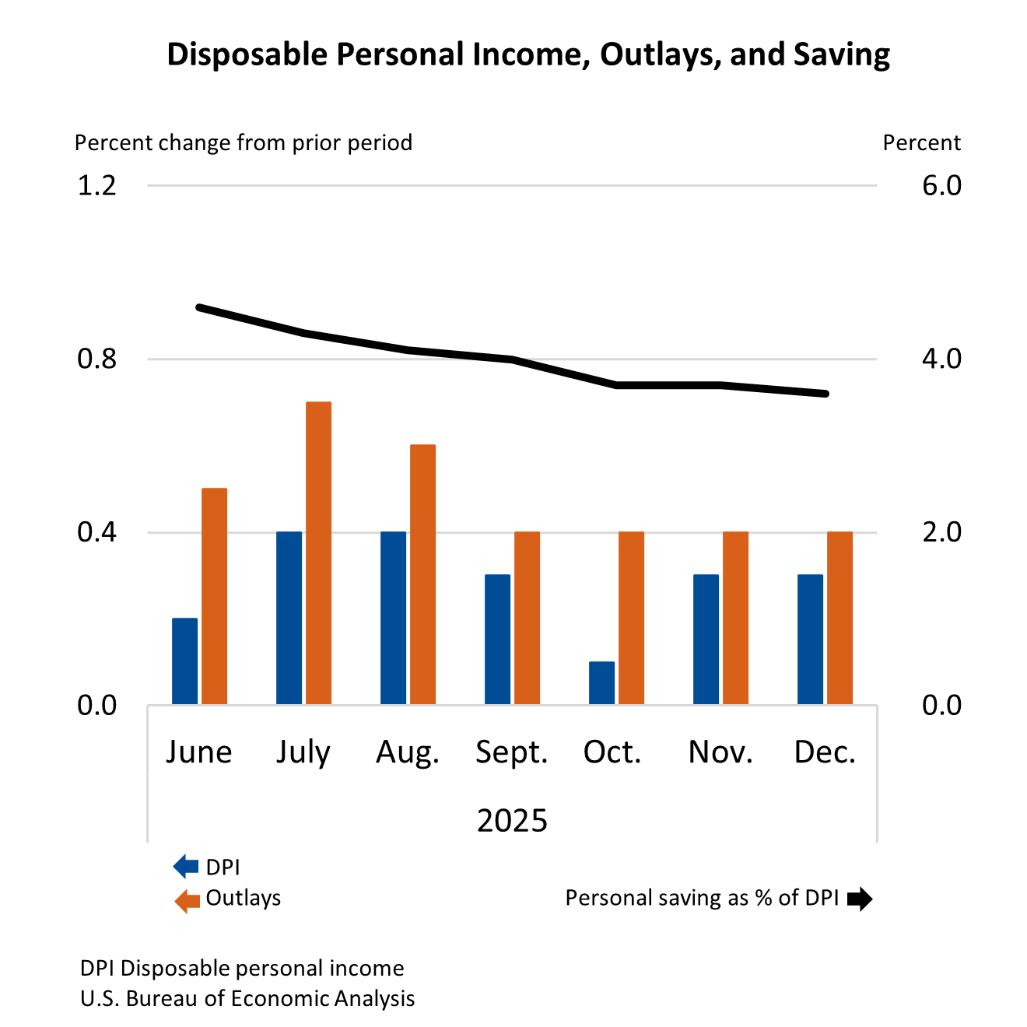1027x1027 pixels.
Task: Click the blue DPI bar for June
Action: (x=184, y=661)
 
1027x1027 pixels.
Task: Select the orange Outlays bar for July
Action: (x=318, y=553)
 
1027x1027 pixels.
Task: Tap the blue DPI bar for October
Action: (x=601, y=683)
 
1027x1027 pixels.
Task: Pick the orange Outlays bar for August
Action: (x=422, y=575)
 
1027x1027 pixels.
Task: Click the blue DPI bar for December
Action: (x=810, y=640)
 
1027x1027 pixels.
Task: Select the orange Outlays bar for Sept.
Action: (x=527, y=619)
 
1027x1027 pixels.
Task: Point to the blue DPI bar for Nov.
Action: (x=706, y=640)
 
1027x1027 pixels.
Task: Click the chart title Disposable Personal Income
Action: (x=528, y=54)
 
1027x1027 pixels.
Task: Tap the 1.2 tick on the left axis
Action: (x=96, y=185)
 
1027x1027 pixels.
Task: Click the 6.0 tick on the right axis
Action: (x=941, y=185)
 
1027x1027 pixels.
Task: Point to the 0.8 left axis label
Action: (x=96, y=359)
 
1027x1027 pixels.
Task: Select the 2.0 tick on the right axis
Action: (x=941, y=532)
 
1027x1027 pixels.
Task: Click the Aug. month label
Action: (x=408, y=752)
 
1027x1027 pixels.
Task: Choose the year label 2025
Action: (x=512, y=821)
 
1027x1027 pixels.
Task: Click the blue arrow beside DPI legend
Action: (x=186, y=867)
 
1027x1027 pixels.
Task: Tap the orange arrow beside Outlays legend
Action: (x=187, y=900)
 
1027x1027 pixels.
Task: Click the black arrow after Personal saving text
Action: (x=859, y=899)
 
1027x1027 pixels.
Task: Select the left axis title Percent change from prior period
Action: (x=243, y=143)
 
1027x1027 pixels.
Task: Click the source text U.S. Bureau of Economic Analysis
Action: (x=247, y=999)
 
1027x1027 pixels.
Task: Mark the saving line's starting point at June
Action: (x=199, y=307)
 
